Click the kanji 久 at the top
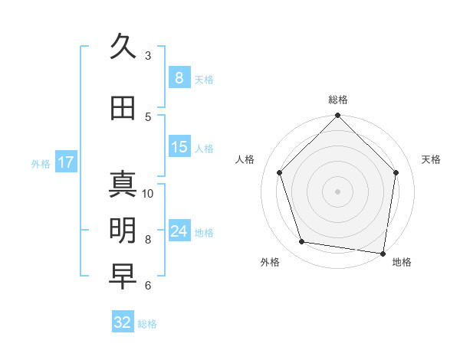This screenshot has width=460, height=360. (x=123, y=47)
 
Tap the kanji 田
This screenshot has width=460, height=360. (x=123, y=109)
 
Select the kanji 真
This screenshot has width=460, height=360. (x=123, y=185)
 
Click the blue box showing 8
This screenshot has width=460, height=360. (x=179, y=78)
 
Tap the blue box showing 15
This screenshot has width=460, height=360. (x=179, y=147)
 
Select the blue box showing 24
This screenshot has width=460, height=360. (x=179, y=231)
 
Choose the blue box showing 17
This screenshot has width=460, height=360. (x=65, y=162)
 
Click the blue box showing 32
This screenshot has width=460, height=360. (x=123, y=322)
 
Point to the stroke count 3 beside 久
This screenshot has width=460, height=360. (x=148, y=56)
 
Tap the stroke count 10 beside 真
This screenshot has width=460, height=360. (x=148, y=193)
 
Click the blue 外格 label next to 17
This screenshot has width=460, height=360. (x=41, y=163)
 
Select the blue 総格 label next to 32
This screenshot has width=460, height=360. (x=147, y=324)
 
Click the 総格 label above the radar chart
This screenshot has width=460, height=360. (x=338, y=100)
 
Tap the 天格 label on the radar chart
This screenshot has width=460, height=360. (x=432, y=159)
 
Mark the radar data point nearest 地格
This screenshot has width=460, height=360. (x=383, y=253)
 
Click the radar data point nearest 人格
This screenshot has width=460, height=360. (x=280, y=172)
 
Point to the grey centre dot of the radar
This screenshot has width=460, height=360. (x=338, y=191)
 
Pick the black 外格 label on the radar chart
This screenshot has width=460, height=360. (x=270, y=262)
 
